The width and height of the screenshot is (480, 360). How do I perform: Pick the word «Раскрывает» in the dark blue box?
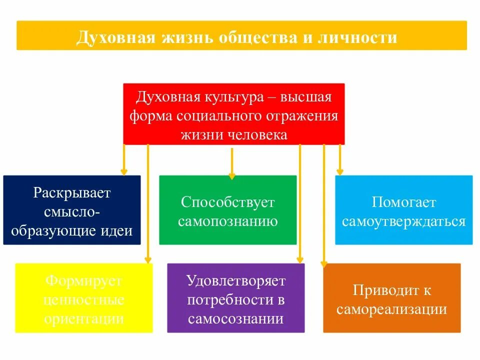(72, 193)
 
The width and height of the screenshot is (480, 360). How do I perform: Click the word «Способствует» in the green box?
(228, 202)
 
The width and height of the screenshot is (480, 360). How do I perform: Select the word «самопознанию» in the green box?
(228, 221)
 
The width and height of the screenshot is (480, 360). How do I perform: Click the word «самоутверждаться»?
(403, 221)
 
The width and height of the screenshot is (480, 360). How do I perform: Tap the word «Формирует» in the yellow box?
(84, 281)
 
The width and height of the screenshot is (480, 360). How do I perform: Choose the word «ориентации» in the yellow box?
(84, 318)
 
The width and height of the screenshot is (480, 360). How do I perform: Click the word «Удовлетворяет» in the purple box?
(236, 281)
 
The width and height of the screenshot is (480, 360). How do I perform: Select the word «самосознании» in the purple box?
(236, 318)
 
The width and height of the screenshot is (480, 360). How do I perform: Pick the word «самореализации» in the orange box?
(391, 309)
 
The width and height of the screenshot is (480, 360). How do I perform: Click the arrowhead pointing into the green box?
(231, 175)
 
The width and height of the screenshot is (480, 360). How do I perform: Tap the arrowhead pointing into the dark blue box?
(123, 172)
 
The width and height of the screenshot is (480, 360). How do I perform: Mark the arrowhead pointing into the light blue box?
(340, 172)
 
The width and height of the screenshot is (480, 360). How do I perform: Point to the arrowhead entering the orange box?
(323, 264)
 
